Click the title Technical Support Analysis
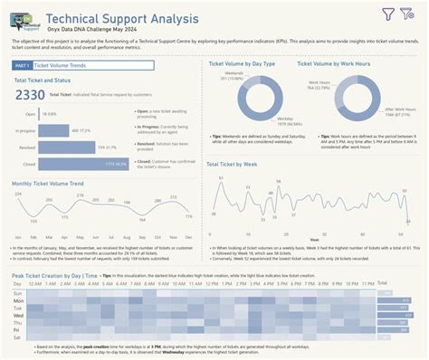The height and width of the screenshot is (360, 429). pos(123,17)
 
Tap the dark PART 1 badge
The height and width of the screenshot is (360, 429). pos(22,66)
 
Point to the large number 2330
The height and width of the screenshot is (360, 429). pos(30,95)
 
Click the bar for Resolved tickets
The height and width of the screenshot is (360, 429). pos(67,147)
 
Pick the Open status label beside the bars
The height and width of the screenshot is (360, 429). pos(31,115)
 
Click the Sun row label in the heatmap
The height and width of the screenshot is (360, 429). pos(17,293)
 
